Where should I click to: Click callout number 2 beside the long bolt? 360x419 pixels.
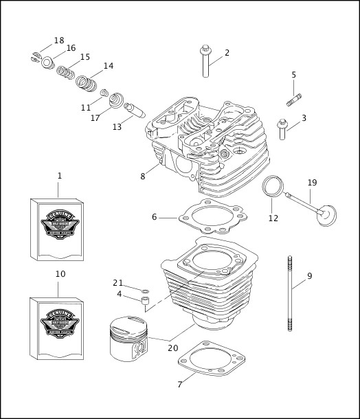227,52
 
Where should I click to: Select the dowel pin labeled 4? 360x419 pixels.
146,303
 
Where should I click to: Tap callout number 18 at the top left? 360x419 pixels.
59,41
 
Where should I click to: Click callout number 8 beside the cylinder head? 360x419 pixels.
143,176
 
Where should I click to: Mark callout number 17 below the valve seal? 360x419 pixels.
95,117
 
